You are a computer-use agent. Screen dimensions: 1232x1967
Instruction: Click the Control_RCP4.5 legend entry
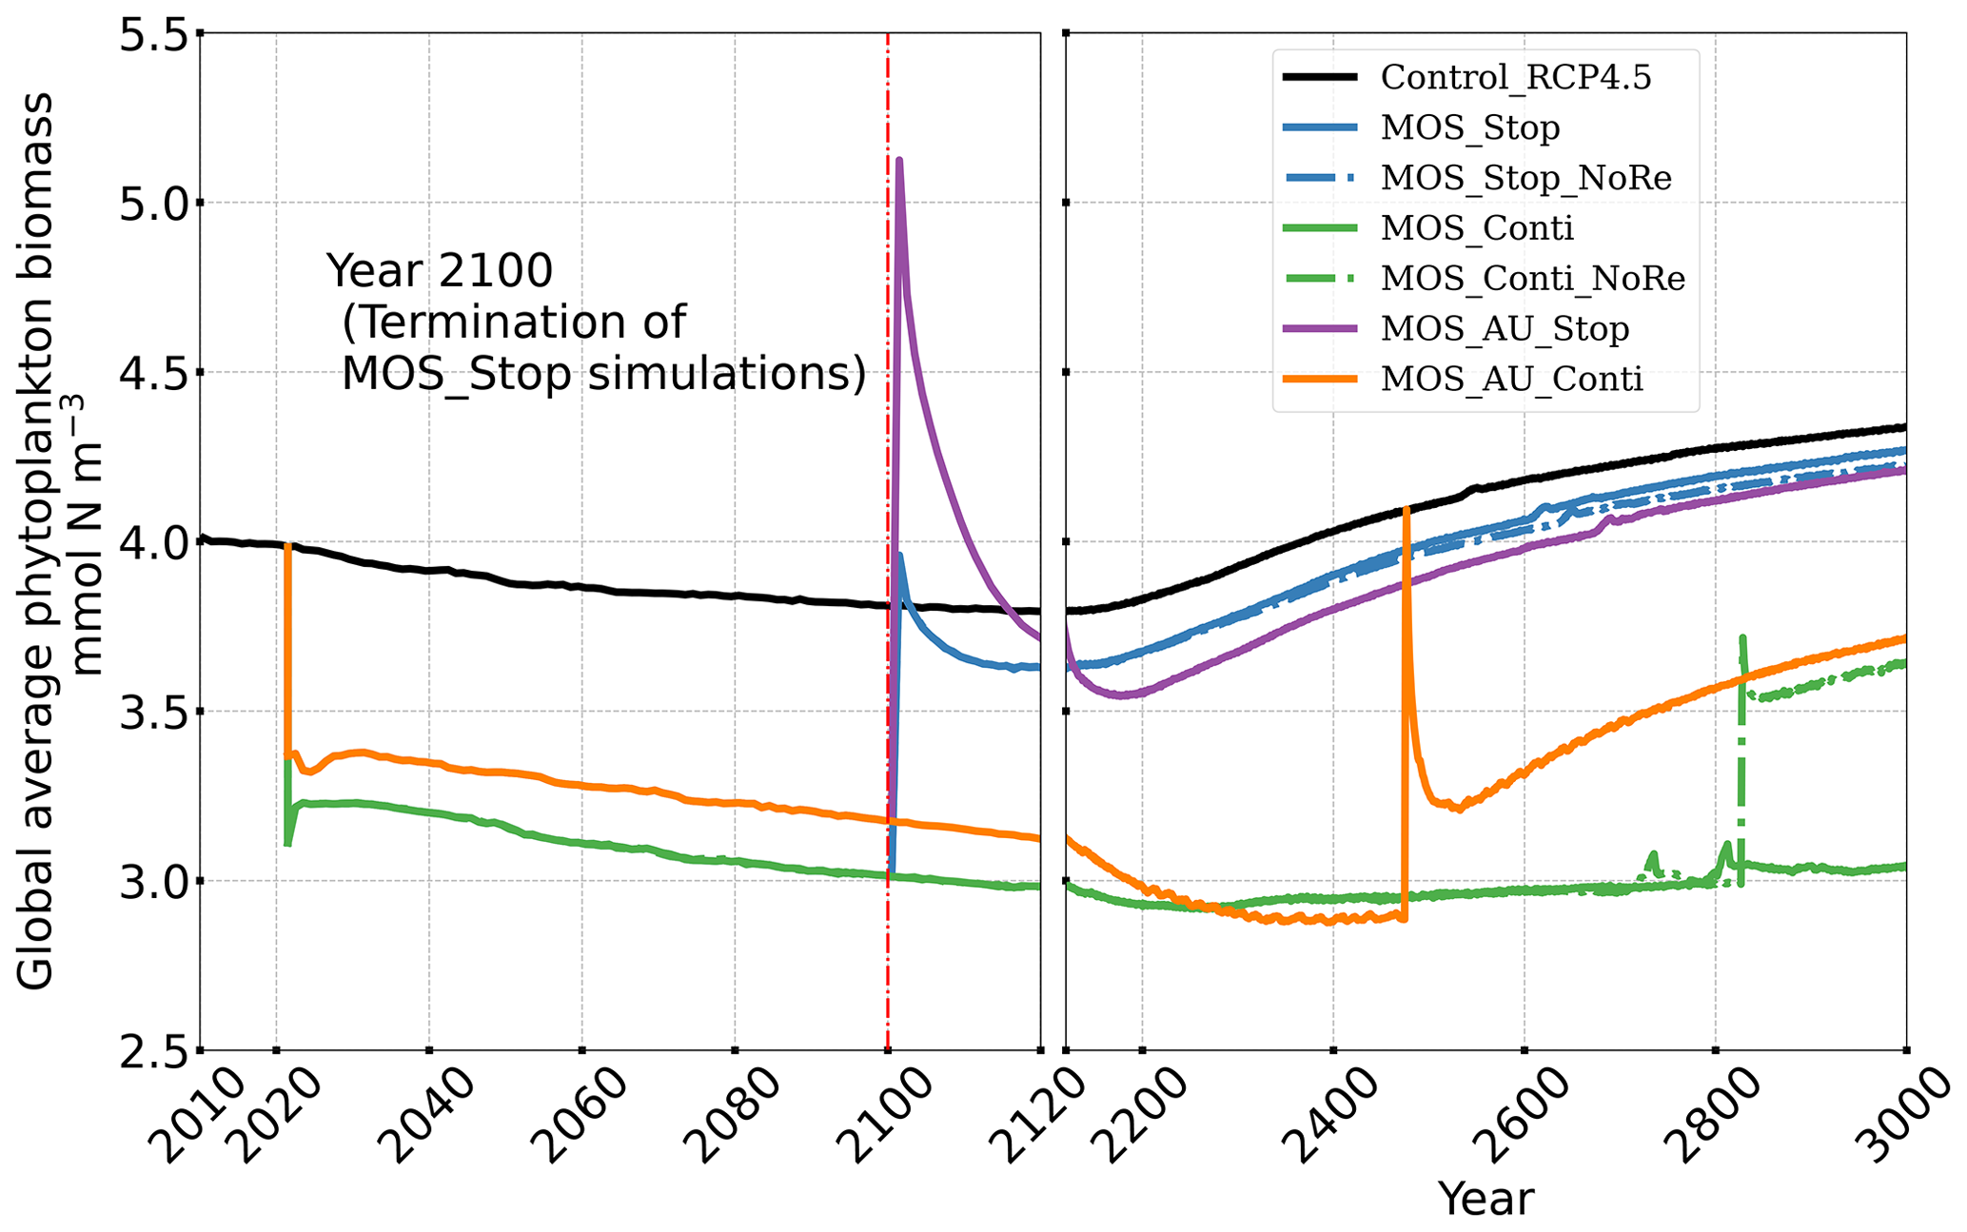tap(1515, 78)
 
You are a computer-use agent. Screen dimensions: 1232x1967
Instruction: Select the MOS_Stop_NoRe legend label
tap(1525, 178)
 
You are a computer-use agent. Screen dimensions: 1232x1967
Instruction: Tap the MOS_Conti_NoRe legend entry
tap(1532, 279)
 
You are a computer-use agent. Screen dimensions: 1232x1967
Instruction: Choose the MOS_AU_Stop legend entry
tap(1505, 329)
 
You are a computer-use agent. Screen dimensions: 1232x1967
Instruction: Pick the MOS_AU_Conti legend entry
tap(1511, 380)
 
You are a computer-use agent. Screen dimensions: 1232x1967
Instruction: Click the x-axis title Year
tap(1485, 1199)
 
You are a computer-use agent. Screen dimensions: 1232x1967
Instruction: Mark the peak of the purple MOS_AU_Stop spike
tap(899, 160)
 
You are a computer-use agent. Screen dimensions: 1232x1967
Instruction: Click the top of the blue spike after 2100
tap(900, 556)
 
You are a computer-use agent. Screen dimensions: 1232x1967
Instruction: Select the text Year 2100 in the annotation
tap(440, 272)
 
